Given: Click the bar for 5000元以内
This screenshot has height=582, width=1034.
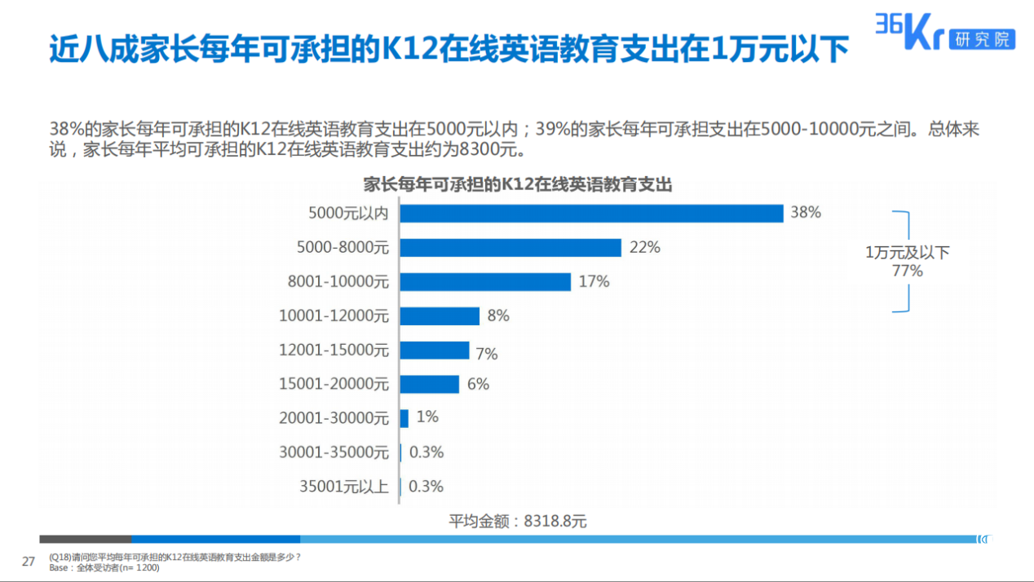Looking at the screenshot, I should tap(591, 213).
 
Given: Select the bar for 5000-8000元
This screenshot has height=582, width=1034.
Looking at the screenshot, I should tap(510, 247).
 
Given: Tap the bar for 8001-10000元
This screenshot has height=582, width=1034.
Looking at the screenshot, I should tap(485, 281).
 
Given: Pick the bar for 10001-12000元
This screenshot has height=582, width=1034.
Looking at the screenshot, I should tap(440, 315).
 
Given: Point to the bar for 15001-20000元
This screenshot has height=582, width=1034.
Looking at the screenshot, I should tap(430, 384).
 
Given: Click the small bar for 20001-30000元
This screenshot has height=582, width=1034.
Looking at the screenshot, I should tap(404, 418).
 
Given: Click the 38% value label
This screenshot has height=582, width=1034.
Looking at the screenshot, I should tap(805, 213).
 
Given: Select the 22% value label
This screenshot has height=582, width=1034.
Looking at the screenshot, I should tap(644, 247).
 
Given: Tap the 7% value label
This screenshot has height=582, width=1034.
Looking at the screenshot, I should tap(487, 354).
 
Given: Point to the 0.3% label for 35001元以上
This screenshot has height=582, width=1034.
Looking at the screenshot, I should tap(426, 487).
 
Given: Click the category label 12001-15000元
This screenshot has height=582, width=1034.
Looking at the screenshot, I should tap(334, 351).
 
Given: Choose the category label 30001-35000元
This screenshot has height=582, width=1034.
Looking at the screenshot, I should tap(334, 452).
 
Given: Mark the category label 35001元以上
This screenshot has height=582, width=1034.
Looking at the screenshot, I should tap(344, 487).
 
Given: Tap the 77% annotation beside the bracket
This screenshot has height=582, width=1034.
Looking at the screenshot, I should tap(907, 271).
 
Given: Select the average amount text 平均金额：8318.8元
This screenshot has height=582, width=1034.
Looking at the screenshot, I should tap(518, 521).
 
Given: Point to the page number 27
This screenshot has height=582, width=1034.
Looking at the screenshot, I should tap(29, 561).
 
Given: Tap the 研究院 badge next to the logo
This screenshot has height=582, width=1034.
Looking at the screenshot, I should tap(982, 38).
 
